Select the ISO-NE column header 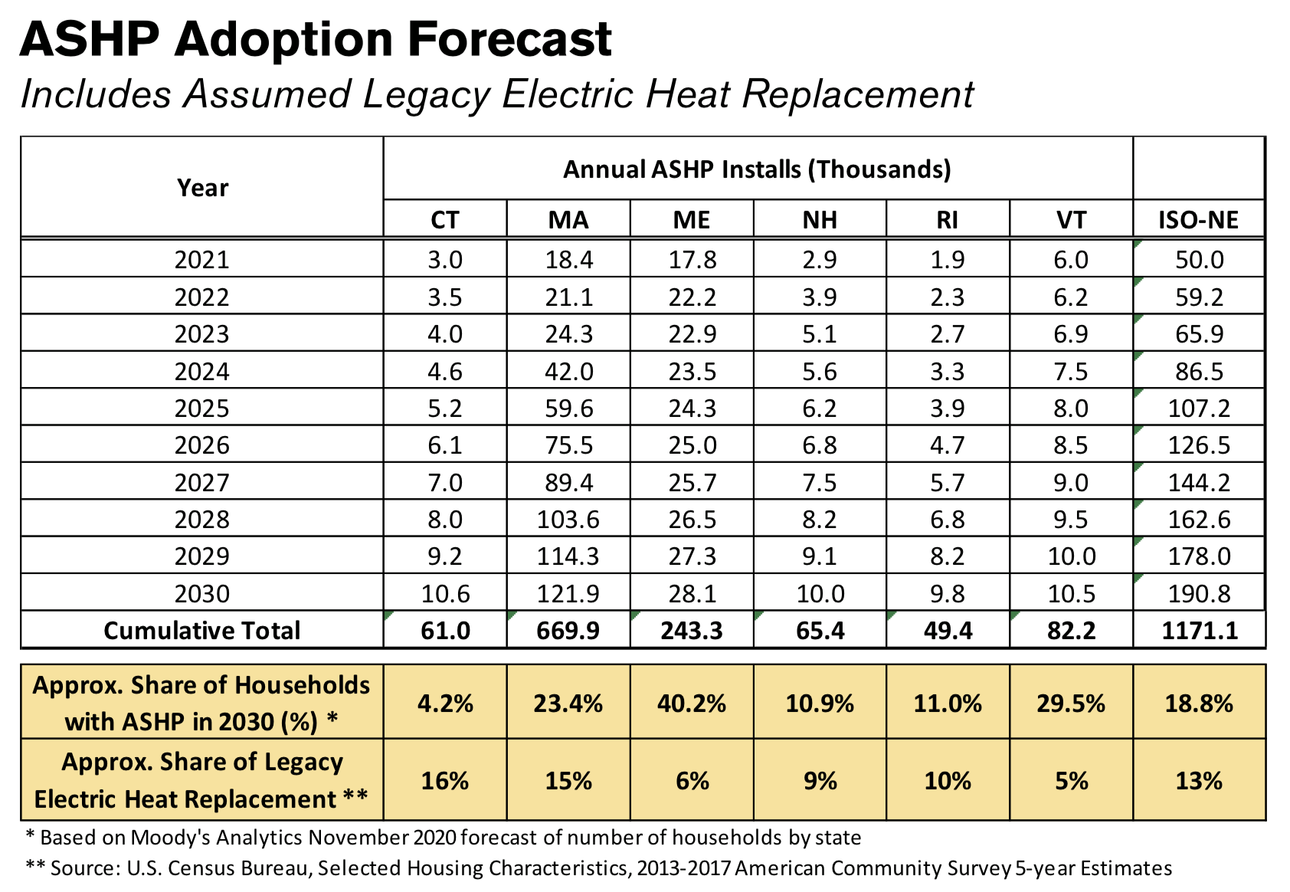pyautogui.click(x=1198, y=220)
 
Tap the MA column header pyautogui.click(x=568, y=220)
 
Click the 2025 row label pyautogui.click(x=201, y=408)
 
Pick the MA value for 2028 pyautogui.click(x=568, y=520)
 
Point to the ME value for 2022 pyautogui.click(x=692, y=297)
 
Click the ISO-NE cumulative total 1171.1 pyautogui.click(x=1199, y=630)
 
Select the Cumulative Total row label pyautogui.click(x=201, y=630)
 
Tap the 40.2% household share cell pyautogui.click(x=692, y=703)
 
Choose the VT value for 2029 pyautogui.click(x=1071, y=556)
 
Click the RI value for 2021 pyautogui.click(x=947, y=260)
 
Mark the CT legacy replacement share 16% pyautogui.click(x=445, y=781)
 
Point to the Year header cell pyautogui.click(x=202, y=188)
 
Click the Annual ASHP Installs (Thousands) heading pyautogui.click(x=757, y=169)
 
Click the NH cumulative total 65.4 pyautogui.click(x=820, y=630)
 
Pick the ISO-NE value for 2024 pyautogui.click(x=1199, y=371)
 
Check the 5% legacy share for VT pyautogui.click(x=1071, y=781)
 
